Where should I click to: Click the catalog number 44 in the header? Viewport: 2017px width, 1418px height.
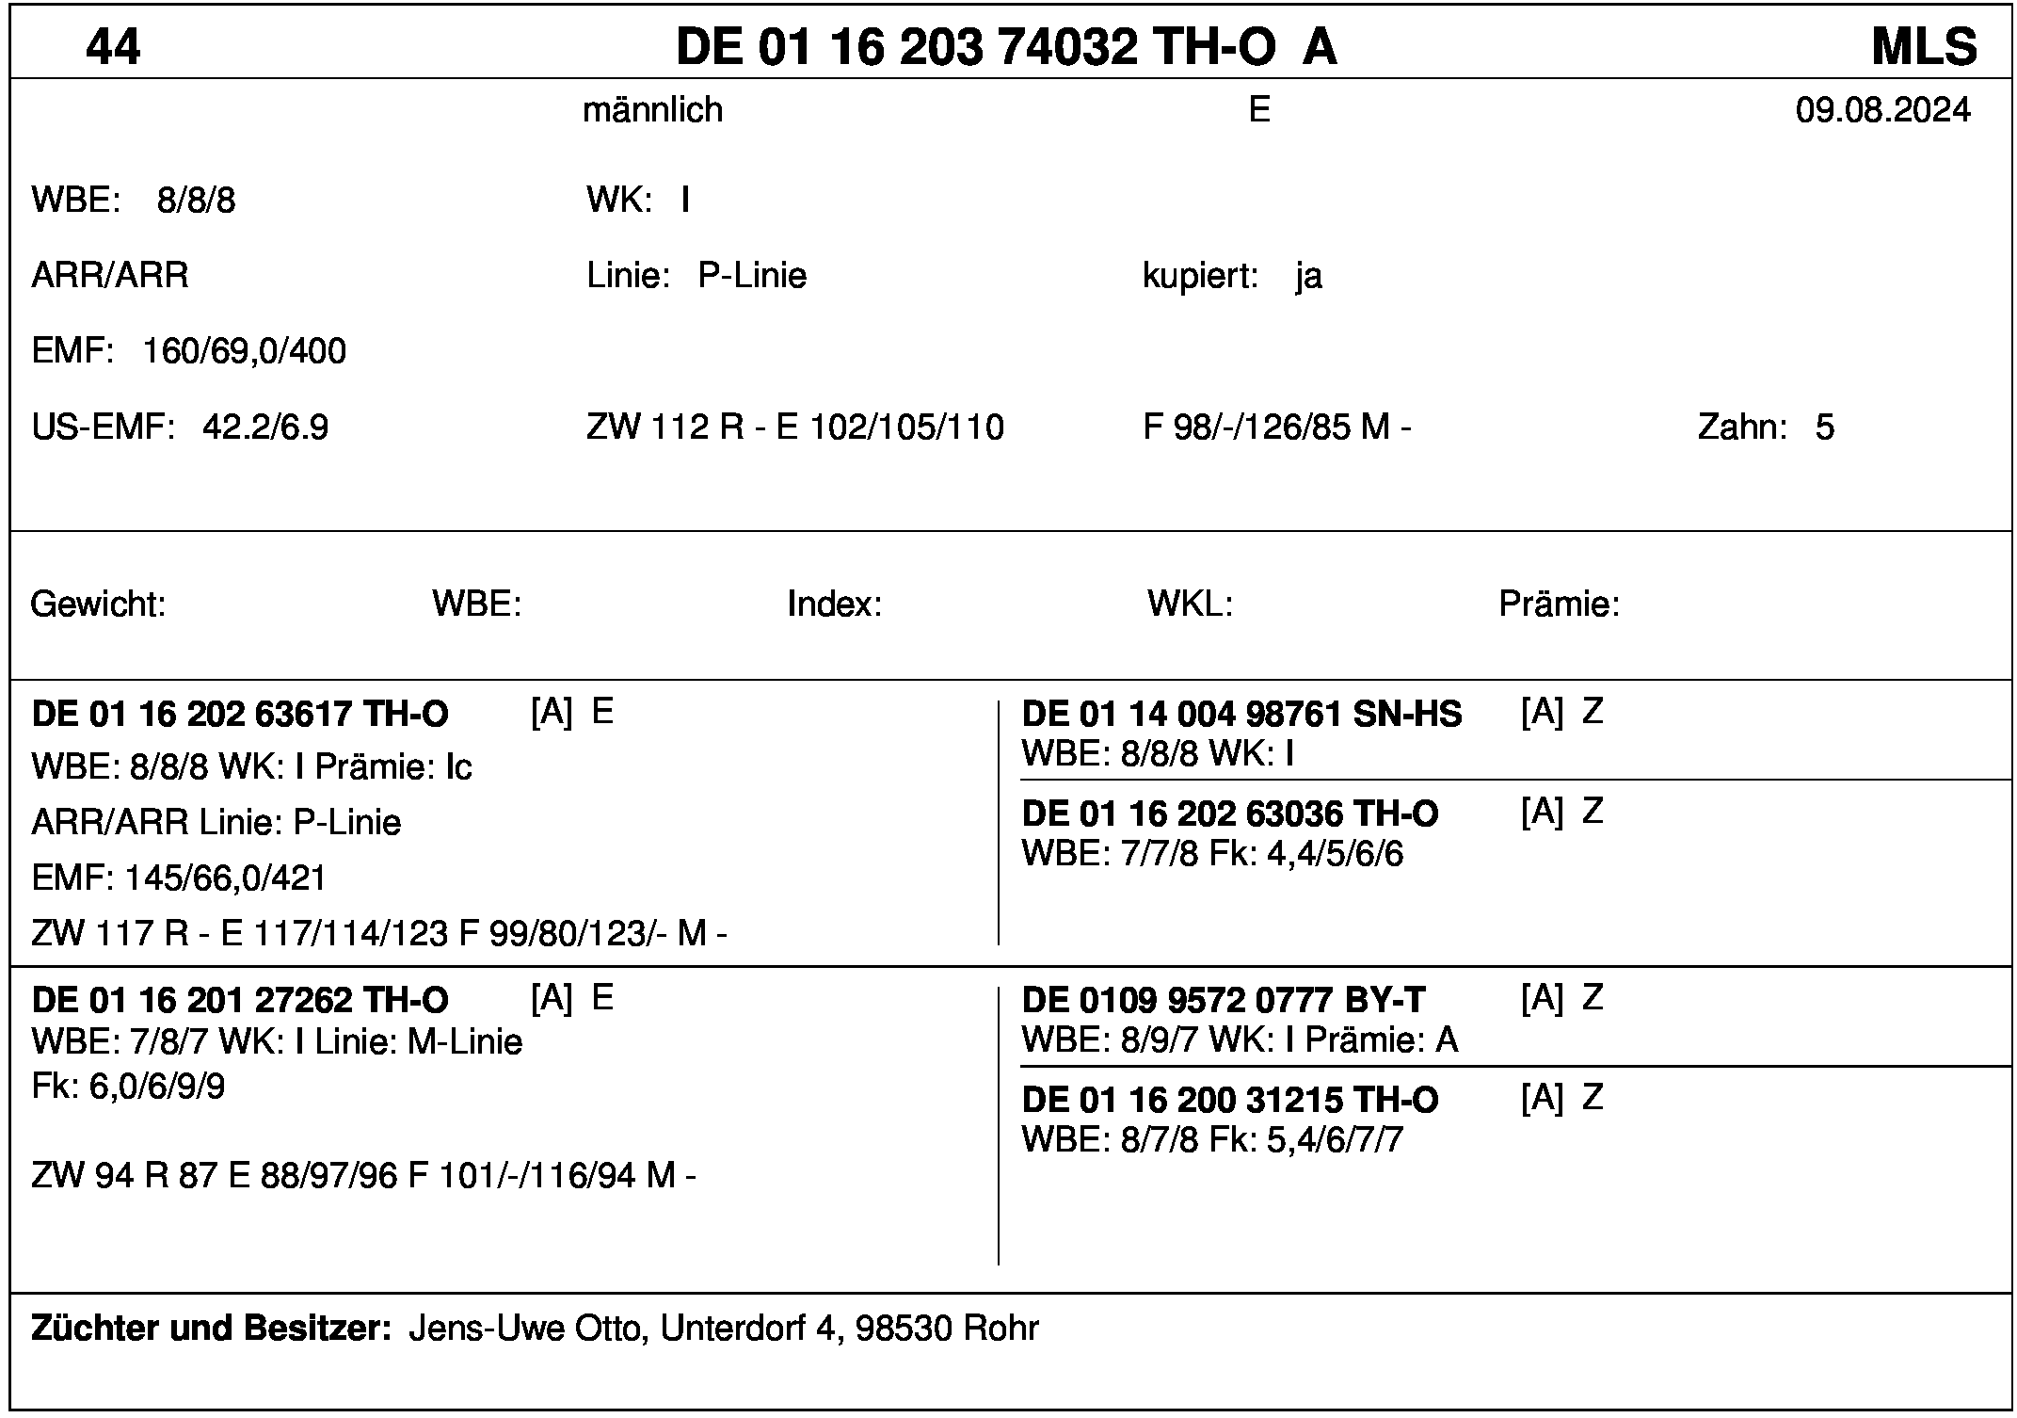pyautogui.click(x=113, y=46)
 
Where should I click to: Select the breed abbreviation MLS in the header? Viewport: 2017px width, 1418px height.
pyautogui.click(x=1924, y=46)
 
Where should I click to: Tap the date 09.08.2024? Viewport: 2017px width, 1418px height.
pyautogui.click(x=1882, y=110)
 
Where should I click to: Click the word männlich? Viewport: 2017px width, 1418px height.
pyautogui.click(x=652, y=110)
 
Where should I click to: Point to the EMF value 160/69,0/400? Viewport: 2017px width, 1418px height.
pyautogui.click(x=244, y=351)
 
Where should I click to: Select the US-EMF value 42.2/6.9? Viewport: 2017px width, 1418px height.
pyautogui.click(x=265, y=427)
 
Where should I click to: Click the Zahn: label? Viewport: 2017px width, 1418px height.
pyautogui.click(x=1742, y=427)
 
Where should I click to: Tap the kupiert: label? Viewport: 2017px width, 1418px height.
pyautogui.click(x=1200, y=276)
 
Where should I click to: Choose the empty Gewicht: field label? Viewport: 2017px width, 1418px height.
pyautogui.click(x=98, y=604)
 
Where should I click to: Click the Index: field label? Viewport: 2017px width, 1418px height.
pyautogui.click(x=834, y=604)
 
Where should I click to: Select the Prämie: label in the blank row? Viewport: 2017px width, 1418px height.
pyautogui.click(x=1559, y=604)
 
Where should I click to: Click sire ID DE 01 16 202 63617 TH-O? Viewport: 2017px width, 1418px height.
pyautogui.click(x=240, y=715)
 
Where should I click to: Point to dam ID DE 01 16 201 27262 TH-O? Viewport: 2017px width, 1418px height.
pyautogui.click(x=240, y=1000)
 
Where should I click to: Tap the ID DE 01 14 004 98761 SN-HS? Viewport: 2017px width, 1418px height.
pyautogui.click(x=1241, y=715)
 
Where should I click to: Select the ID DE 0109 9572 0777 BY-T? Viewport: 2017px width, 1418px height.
pyautogui.click(x=1223, y=1000)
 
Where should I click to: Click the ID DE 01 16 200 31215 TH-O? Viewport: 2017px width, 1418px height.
pyautogui.click(x=1229, y=1100)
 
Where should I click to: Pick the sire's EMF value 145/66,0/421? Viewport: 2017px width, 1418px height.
pyautogui.click(x=225, y=878)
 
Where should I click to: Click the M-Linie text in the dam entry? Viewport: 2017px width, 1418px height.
pyautogui.click(x=464, y=1042)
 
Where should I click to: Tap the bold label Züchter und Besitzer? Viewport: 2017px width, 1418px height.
pyautogui.click(x=211, y=1329)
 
